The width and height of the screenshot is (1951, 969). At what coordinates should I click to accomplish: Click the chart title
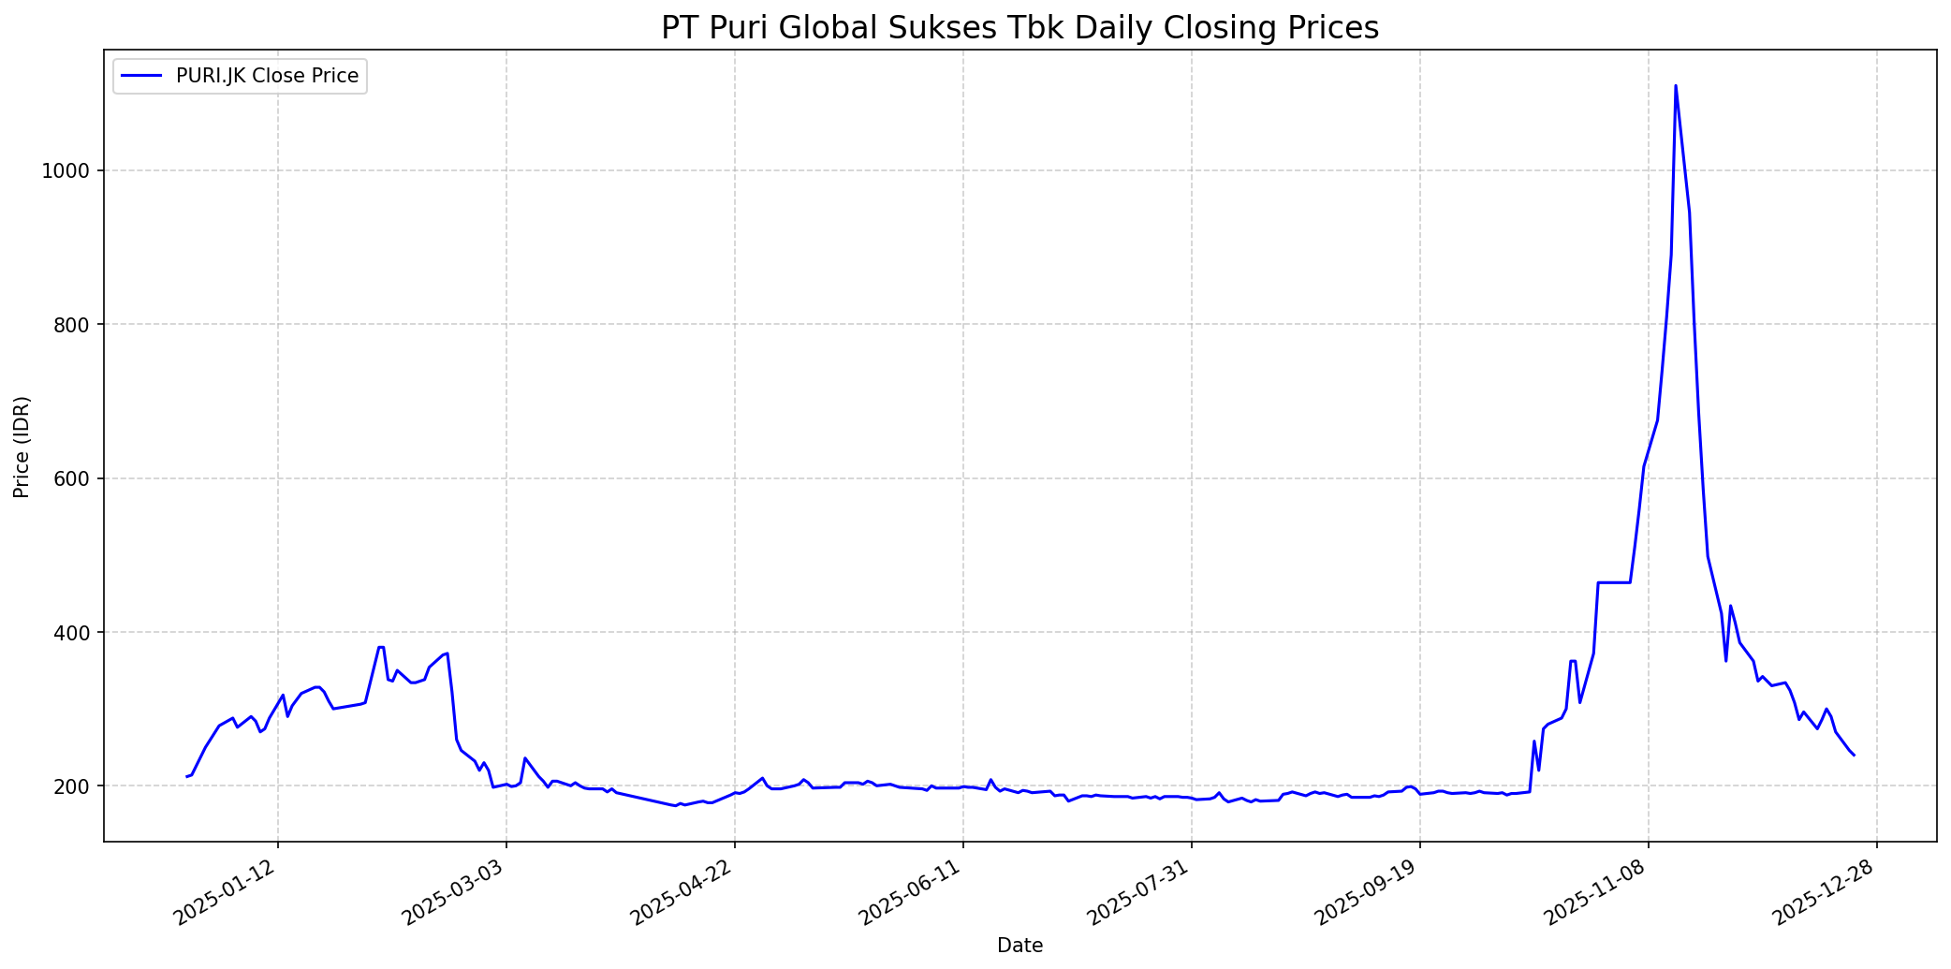tap(1020, 28)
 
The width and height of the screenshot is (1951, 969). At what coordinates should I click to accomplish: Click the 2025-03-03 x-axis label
tap(454, 892)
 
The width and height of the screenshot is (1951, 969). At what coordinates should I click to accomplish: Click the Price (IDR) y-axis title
tap(22, 447)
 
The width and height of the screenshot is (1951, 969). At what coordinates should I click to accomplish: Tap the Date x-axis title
tap(1020, 946)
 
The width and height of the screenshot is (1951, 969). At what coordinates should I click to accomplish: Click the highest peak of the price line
tap(1675, 86)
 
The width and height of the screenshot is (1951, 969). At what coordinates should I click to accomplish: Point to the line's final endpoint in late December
tap(1854, 755)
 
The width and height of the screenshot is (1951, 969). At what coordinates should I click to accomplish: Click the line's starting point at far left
tap(187, 776)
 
